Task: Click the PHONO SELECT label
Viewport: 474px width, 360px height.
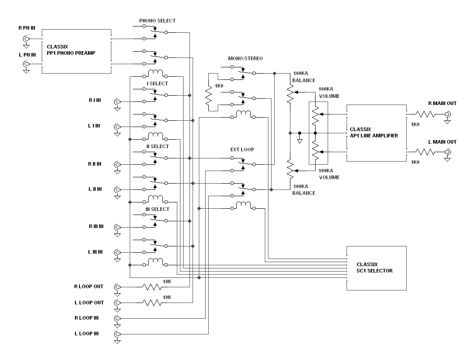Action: [x=157, y=21]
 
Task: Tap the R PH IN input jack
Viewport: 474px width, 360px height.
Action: [x=26, y=39]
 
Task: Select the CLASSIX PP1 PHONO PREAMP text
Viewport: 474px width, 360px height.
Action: [x=71, y=50]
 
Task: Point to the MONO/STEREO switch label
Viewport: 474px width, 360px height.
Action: [x=245, y=58]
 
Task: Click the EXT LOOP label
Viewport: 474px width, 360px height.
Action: [x=242, y=149]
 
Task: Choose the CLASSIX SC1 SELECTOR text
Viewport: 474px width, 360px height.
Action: [x=374, y=268]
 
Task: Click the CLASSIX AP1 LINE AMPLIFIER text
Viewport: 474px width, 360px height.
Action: [x=374, y=132]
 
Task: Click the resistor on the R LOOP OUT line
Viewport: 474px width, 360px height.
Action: [x=152, y=287]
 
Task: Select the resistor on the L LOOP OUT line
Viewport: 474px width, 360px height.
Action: [x=152, y=303]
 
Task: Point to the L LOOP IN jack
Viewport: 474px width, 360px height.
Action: [x=117, y=334]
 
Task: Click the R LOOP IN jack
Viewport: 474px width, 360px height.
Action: [x=117, y=318]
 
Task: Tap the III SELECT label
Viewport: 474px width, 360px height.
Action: [x=157, y=209]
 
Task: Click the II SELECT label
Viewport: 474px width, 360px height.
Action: [x=158, y=146]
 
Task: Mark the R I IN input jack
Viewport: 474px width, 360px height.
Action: [x=117, y=101]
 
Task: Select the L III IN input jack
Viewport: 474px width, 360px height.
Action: [x=117, y=252]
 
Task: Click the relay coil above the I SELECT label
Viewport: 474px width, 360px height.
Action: [x=155, y=74]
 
